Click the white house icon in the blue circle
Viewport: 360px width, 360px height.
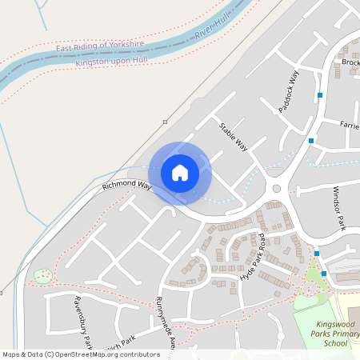[180, 172]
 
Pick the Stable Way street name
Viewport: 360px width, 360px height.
[234, 137]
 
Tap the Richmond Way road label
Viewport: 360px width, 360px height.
[126, 186]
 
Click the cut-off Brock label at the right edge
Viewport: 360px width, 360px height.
[350, 62]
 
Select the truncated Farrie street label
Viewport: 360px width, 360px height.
[349, 126]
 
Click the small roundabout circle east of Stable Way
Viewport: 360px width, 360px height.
[277, 189]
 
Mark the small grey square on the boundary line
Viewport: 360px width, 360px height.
[165, 122]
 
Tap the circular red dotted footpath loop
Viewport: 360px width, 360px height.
[42, 276]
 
